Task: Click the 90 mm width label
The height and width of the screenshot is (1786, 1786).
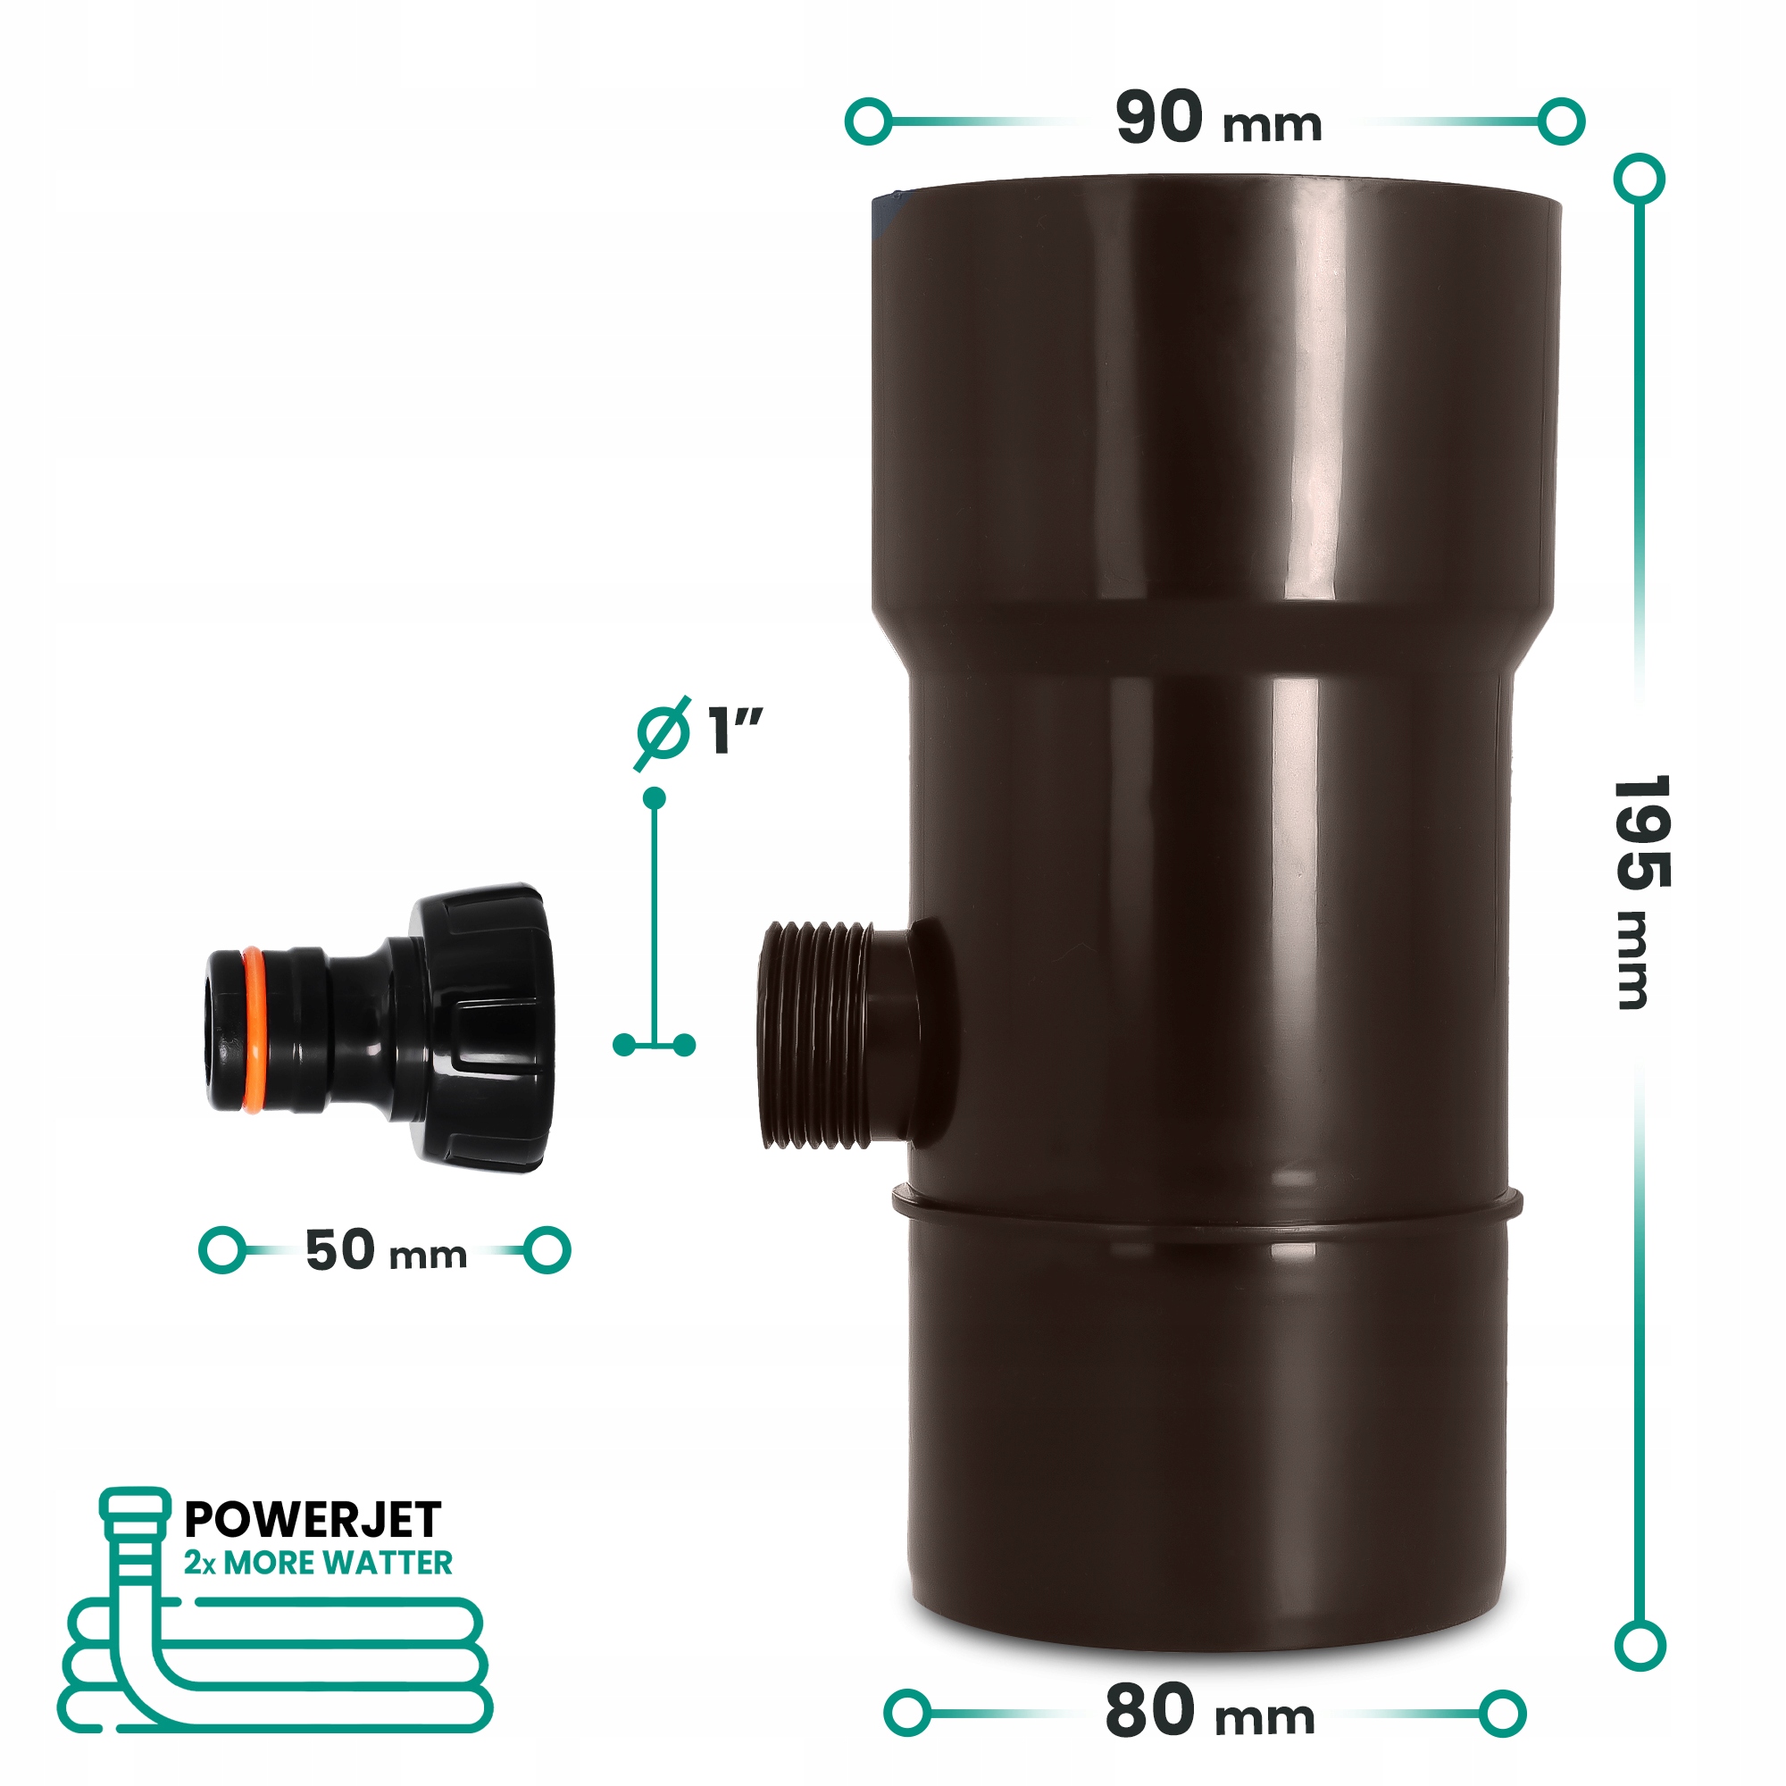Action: (x=1218, y=119)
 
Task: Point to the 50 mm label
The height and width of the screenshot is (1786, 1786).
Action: (x=386, y=1250)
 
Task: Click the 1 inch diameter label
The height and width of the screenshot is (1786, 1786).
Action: (x=699, y=731)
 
